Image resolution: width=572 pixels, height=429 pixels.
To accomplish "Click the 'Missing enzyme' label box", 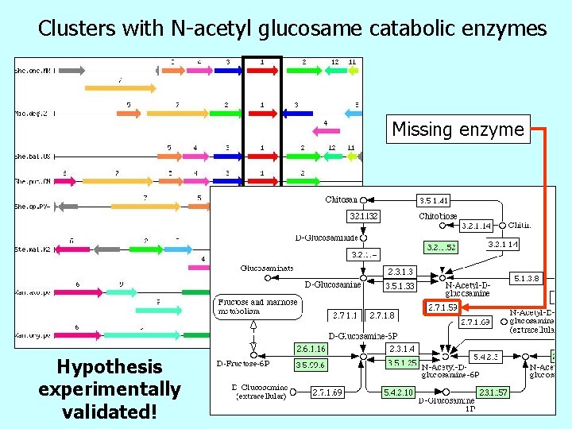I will [x=458, y=129].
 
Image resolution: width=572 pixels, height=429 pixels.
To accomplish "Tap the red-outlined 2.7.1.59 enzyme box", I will [x=443, y=307].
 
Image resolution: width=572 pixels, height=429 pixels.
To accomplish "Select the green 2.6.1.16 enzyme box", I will [x=311, y=349].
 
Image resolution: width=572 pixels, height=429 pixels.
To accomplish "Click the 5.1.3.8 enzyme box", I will [x=528, y=279].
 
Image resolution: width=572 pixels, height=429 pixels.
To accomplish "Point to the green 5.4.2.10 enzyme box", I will [x=397, y=392].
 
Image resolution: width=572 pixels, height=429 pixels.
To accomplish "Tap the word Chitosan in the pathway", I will [x=341, y=200].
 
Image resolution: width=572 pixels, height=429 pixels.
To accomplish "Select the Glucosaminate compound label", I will [x=267, y=269].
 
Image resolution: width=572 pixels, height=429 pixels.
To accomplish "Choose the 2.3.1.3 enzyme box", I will [x=400, y=272].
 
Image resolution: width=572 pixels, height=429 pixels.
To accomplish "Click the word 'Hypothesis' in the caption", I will [x=110, y=367].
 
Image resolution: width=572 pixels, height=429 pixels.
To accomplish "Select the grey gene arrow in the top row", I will [x=69, y=71].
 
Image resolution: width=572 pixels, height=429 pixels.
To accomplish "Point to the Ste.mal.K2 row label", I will [x=33, y=250].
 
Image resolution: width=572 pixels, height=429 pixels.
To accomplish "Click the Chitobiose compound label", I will [x=438, y=215].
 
